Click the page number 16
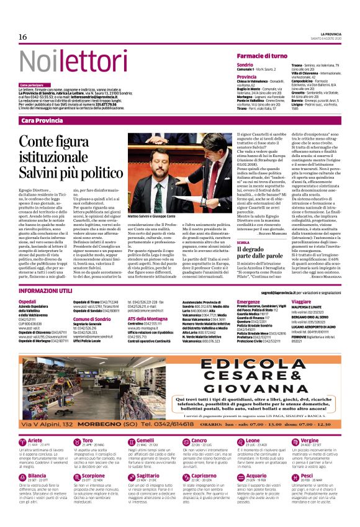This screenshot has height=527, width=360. point(23,37)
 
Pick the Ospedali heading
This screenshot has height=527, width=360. point(28,301)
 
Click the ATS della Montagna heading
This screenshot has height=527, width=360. point(150,318)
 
